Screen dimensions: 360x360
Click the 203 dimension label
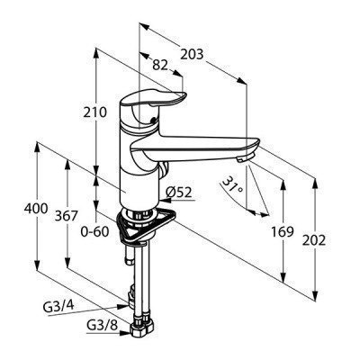[193, 55]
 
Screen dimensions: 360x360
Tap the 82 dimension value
[160, 65]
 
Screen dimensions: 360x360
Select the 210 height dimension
[94, 112]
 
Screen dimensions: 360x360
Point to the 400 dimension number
[36, 209]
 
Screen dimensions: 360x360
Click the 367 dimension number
[67, 216]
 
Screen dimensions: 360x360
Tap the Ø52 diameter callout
[178, 193]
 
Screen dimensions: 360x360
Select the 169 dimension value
[283, 231]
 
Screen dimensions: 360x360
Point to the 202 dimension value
[314, 240]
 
